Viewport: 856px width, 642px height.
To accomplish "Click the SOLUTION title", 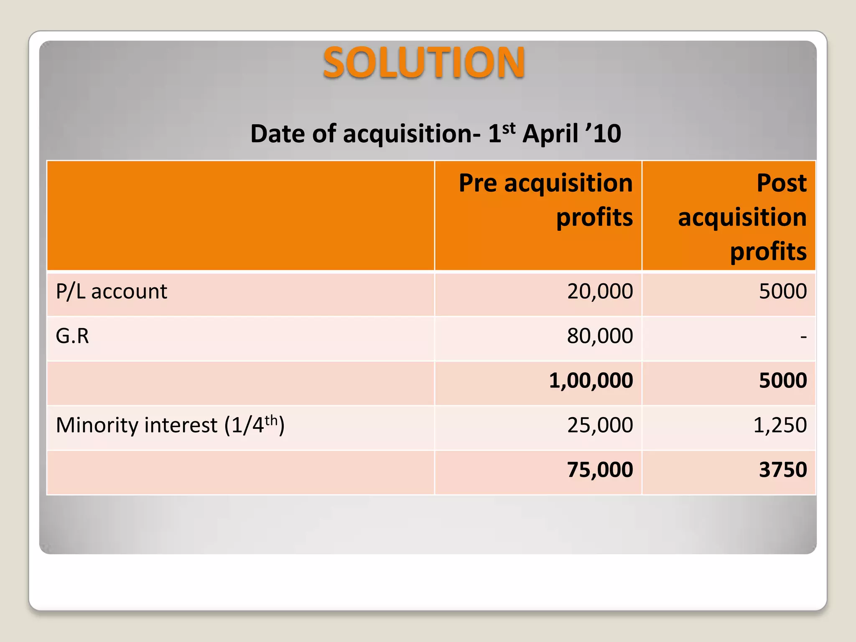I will pyautogui.click(x=423, y=63).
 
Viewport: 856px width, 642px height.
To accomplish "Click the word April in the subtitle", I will pyautogui.click(x=550, y=134).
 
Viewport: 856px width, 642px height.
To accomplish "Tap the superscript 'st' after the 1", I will pyautogui.click(x=508, y=128).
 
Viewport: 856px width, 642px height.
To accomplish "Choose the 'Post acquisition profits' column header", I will pyautogui.click(x=742, y=217).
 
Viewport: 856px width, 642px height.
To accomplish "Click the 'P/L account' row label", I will pyautogui.click(x=111, y=291).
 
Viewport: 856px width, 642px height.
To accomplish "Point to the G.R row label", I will pyautogui.click(x=72, y=336).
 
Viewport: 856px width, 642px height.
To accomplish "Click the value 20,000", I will pyautogui.click(x=600, y=291).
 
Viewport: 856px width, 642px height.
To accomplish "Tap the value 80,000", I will pyautogui.click(x=600, y=336).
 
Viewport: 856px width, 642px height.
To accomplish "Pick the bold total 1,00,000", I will pyautogui.click(x=591, y=381).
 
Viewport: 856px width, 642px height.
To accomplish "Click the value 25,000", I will pyautogui.click(x=600, y=425).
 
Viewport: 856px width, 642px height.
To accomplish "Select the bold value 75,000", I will pyautogui.click(x=600, y=470).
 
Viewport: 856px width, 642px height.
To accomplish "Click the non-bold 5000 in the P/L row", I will pyautogui.click(x=782, y=291).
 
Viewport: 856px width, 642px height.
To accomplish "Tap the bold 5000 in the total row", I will pyautogui.click(x=782, y=381).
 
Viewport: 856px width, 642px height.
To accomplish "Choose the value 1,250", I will pyautogui.click(x=780, y=425).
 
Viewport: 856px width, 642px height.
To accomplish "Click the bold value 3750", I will pyautogui.click(x=782, y=470).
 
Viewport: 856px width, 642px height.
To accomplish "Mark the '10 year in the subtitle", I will pyautogui.click(x=604, y=134).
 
